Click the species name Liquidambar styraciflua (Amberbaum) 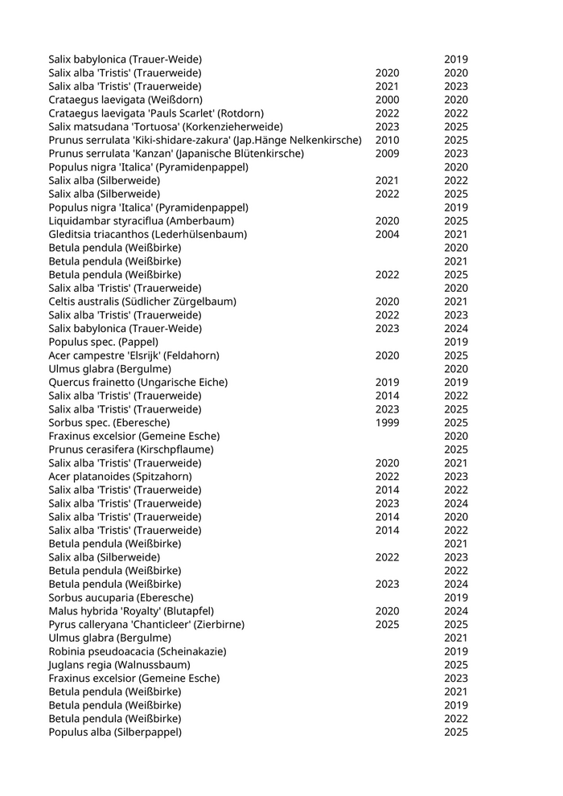tap(142, 221)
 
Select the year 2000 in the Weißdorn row tap(387, 100)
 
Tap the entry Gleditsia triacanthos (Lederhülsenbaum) tap(148, 235)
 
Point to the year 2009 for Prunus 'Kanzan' tap(387, 154)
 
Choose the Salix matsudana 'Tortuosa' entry tap(166, 127)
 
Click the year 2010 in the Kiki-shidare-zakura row tap(387, 141)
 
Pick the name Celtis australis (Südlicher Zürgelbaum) tap(142, 302)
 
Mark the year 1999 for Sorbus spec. tap(387, 423)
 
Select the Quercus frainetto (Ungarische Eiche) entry tap(138, 383)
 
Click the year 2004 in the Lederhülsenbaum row tap(387, 235)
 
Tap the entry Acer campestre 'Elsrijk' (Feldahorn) tap(134, 355)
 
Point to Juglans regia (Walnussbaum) tap(120, 665)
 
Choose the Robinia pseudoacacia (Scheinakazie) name tap(138, 651)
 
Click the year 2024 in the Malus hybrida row tap(456, 611)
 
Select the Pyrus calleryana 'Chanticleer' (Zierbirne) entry tap(146, 625)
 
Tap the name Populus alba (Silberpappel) tap(115, 732)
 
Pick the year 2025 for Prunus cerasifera tap(456, 449)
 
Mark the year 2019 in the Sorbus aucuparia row tap(456, 597)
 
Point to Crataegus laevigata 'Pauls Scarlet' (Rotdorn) tap(156, 113)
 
